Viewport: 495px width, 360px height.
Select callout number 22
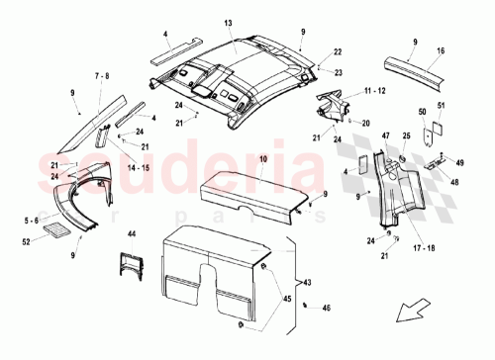[337, 51]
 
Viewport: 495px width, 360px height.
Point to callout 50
[422, 114]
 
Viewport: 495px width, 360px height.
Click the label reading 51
[442, 107]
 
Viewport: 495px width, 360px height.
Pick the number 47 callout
[387, 146]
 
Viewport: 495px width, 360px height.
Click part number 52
[28, 240]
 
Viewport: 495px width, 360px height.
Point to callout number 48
[455, 181]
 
